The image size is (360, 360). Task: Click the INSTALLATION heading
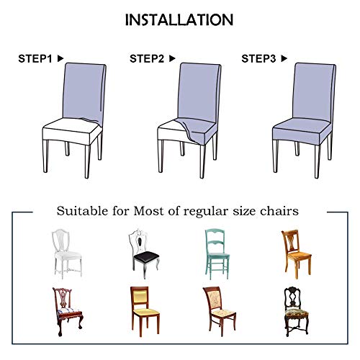click(179, 19)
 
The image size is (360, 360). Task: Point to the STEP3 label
click(260, 58)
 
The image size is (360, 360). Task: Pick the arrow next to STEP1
click(60, 58)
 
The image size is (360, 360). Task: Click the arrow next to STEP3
click(284, 58)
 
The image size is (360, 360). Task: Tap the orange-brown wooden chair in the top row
click(292, 253)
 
